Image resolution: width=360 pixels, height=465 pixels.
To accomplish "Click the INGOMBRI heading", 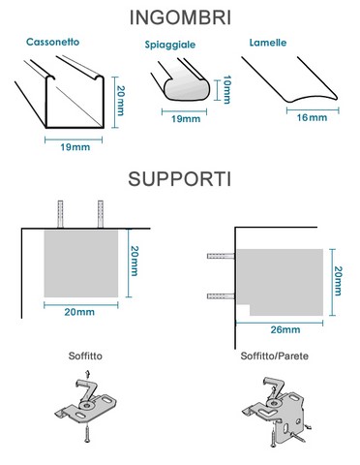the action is pyautogui.click(x=180, y=17).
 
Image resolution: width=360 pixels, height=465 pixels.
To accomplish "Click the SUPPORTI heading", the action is pyautogui.click(x=180, y=178).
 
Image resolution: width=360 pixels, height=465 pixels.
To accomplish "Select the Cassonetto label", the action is pyautogui.click(x=52, y=42).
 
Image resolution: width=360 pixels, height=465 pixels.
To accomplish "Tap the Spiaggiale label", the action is pyautogui.click(x=170, y=45).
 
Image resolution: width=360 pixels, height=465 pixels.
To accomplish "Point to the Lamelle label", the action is pyautogui.click(x=268, y=43).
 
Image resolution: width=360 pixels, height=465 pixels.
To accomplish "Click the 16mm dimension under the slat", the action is pyautogui.click(x=312, y=117).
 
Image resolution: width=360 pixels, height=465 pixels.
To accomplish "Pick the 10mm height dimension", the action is pyautogui.click(x=226, y=89).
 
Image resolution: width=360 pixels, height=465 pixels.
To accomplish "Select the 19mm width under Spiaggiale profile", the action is pyautogui.click(x=186, y=119).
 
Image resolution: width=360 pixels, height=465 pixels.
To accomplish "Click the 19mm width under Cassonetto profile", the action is pyautogui.click(x=75, y=147).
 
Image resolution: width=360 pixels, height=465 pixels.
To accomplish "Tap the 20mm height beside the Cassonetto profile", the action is pyautogui.click(x=120, y=101).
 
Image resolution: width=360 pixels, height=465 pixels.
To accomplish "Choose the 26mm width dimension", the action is pyautogui.click(x=285, y=329).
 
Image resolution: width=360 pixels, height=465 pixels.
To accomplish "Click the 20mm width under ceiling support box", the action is pyautogui.click(x=79, y=312).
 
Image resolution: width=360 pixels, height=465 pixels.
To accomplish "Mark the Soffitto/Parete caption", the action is pyautogui.click(x=275, y=356).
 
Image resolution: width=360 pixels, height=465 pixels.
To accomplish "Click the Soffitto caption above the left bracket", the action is pyautogui.click(x=85, y=356).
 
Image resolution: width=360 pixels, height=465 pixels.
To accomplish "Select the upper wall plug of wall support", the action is pyautogui.click(x=221, y=256).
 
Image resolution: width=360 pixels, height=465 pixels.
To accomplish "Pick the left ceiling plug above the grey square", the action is pyautogui.click(x=60, y=214).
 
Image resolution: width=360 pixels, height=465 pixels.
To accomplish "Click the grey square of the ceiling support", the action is pyautogui.click(x=81, y=263).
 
